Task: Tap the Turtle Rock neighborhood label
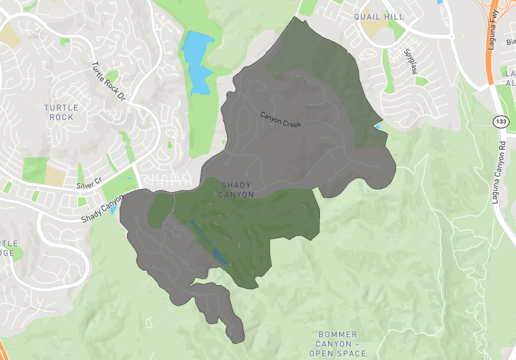tap(62, 112)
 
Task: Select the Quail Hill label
tap(379, 16)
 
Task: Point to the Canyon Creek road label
tap(281, 119)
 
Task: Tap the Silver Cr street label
tap(89, 184)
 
